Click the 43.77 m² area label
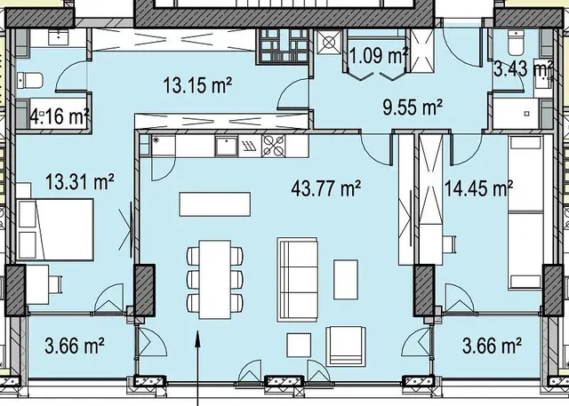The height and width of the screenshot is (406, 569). [326, 188]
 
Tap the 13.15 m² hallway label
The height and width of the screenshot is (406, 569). [197, 85]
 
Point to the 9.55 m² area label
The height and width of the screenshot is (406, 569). [413, 107]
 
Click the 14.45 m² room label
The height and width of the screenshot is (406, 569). [478, 188]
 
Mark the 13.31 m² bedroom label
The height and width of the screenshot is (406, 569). [80, 181]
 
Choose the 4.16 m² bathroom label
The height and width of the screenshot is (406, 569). [60, 116]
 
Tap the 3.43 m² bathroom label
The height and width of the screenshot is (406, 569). [524, 68]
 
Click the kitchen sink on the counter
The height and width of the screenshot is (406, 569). [227, 146]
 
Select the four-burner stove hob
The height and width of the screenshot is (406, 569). [274, 146]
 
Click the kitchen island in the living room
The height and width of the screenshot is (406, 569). [215, 204]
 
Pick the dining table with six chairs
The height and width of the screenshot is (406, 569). [215, 280]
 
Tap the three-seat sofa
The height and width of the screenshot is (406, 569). [298, 280]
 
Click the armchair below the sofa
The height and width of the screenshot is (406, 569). [346, 346]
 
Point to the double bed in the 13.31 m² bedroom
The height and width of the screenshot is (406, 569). [55, 229]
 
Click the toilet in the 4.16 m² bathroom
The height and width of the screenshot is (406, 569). [30, 80]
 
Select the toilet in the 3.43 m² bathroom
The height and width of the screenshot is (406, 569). [516, 42]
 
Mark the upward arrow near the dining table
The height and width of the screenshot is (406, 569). [197, 368]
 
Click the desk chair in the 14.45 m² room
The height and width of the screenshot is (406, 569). [449, 244]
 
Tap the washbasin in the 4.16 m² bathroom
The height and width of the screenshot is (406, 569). [58, 37]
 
